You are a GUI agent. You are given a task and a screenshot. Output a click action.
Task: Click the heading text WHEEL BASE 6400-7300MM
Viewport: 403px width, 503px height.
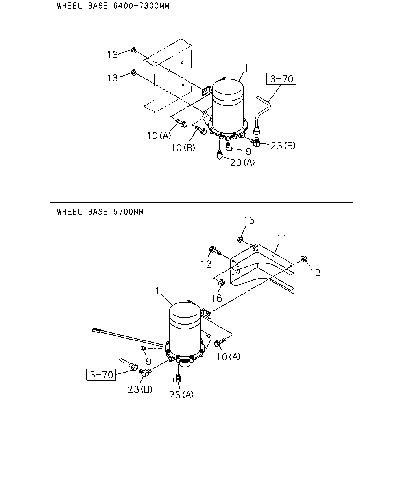[113, 6]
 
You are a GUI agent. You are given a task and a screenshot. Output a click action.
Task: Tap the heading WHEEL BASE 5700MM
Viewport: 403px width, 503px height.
[100, 212]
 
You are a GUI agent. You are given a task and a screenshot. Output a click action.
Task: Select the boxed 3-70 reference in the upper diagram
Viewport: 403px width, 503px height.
[281, 79]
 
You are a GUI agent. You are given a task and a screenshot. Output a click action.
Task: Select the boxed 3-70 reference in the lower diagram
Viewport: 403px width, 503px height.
[101, 374]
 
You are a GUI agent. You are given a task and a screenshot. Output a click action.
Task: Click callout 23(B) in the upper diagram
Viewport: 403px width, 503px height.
[283, 146]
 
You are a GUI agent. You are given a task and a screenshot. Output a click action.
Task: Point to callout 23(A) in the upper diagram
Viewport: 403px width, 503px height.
[242, 162]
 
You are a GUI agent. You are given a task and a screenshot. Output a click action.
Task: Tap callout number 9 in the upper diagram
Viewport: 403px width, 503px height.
[248, 152]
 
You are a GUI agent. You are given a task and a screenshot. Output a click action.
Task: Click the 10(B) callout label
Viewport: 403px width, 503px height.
[183, 147]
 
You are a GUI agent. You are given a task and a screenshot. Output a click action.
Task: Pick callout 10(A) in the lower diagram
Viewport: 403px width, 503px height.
[228, 357]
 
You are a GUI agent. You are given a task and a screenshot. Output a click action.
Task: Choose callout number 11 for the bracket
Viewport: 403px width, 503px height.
[282, 239]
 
